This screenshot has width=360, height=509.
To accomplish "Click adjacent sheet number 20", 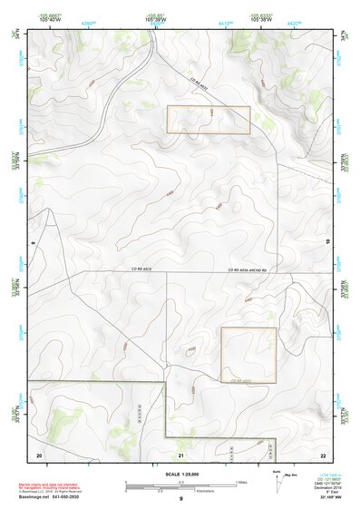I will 39,453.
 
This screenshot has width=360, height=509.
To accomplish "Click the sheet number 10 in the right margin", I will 327,241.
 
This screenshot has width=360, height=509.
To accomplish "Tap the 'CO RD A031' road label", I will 241,382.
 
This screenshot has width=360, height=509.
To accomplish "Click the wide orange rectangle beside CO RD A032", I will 208,120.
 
